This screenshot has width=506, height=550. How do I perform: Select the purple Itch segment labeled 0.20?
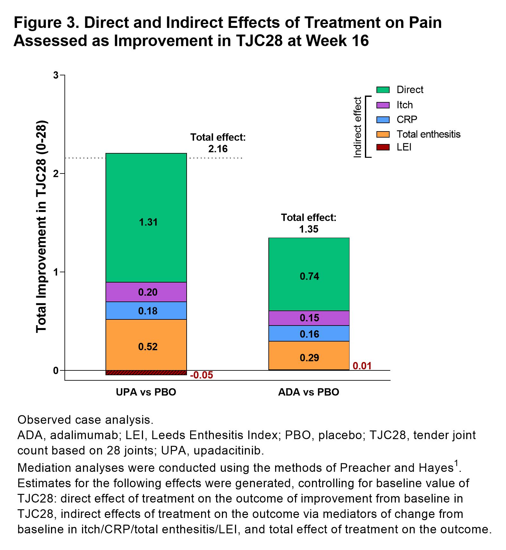click(x=146, y=292)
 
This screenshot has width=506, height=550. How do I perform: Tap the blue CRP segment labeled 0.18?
click(x=146, y=311)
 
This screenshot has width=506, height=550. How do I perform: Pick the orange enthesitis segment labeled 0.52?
click(x=146, y=346)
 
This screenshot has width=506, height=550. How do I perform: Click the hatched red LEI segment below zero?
click(x=146, y=373)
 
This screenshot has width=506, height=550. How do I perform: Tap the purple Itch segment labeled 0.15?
click(x=309, y=318)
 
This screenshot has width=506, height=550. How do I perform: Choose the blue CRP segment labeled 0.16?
click(x=309, y=334)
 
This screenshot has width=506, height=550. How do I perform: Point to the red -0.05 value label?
click(x=201, y=375)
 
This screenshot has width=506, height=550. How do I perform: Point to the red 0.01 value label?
click(x=362, y=366)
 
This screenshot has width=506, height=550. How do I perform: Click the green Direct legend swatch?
click(x=383, y=90)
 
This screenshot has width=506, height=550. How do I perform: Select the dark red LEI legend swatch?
click(x=383, y=147)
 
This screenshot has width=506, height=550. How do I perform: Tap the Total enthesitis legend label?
click(x=428, y=134)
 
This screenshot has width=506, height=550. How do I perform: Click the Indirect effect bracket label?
click(x=357, y=127)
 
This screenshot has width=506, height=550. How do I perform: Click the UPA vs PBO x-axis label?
click(x=146, y=392)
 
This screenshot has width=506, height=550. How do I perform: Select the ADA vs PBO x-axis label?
click(x=309, y=392)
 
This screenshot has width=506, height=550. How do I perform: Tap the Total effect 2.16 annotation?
click(x=218, y=143)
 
